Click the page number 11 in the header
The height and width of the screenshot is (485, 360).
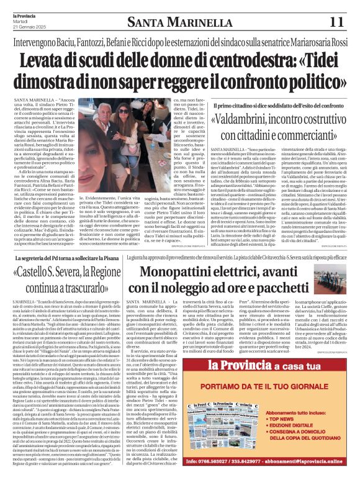[x=336, y=22]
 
